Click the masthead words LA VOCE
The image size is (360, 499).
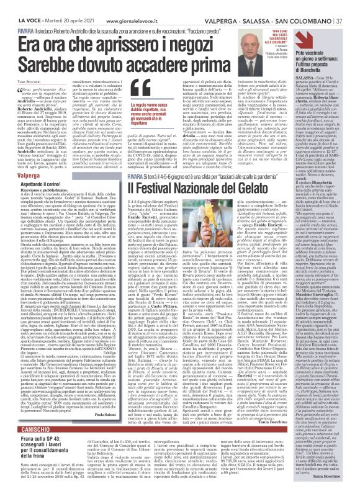pos(17,6)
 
